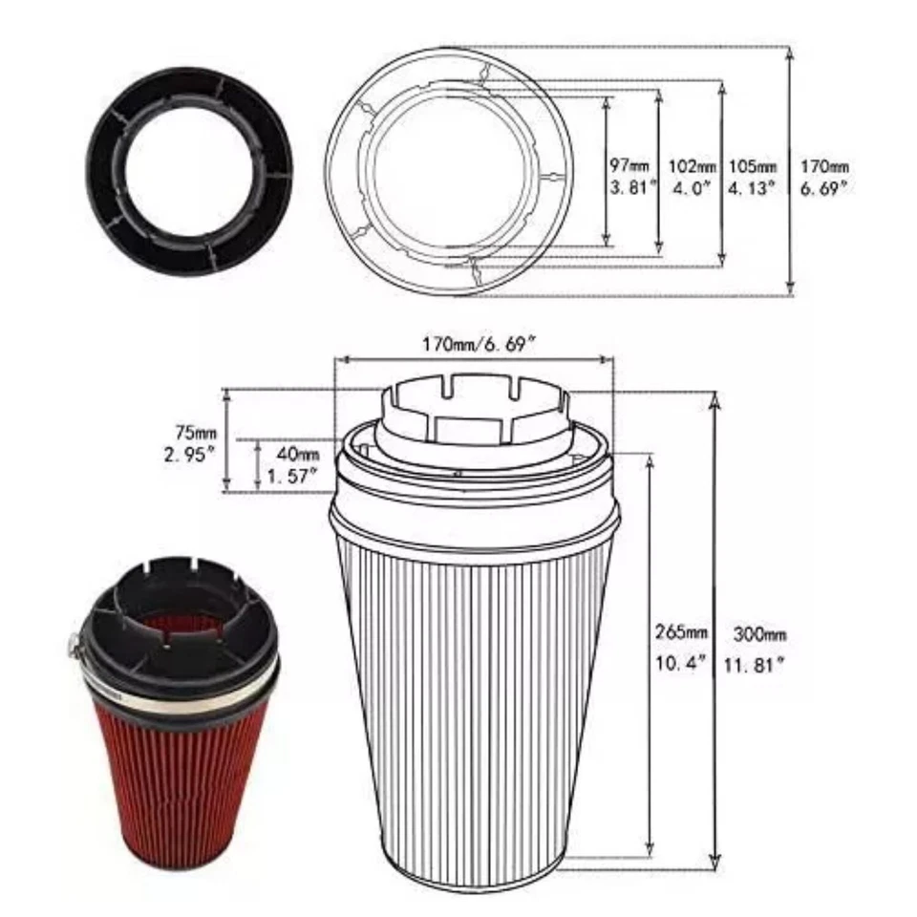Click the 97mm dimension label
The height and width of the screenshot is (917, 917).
click(628, 165)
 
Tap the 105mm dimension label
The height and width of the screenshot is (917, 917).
click(752, 165)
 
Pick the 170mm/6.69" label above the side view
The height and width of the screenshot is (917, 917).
click(475, 341)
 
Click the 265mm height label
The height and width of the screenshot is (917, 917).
click(681, 633)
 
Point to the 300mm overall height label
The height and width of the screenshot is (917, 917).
click(759, 633)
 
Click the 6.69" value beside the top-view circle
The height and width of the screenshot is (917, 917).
click(824, 188)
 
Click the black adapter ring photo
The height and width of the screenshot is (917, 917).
click(190, 170)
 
